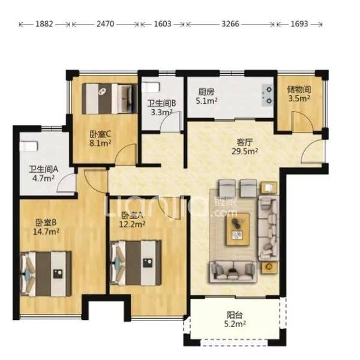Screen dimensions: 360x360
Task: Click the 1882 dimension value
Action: (44, 24)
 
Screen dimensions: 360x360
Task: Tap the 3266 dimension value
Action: (230, 24)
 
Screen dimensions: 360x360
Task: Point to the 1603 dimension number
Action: (163, 24)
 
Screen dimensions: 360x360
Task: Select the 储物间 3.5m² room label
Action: (299, 94)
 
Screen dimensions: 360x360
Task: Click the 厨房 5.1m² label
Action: (206, 97)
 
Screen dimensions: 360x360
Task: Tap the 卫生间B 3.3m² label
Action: (161, 107)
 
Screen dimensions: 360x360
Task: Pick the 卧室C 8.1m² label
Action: (100, 138)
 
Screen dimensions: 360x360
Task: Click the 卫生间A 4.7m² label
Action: (43, 173)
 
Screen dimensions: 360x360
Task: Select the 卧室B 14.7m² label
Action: (46, 227)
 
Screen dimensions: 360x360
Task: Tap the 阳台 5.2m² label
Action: (235, 319)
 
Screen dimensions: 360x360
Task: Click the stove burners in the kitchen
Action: (267, 95)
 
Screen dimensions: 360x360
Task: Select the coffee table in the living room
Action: (238, 229)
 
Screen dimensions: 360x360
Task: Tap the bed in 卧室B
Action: (46, 274)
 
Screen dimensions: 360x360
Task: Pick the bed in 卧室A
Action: (136, 263)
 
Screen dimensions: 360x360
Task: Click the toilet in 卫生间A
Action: (29, 146)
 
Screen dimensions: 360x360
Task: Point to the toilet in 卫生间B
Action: (151, 88)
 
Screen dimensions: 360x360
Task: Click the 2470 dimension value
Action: (105, 24)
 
